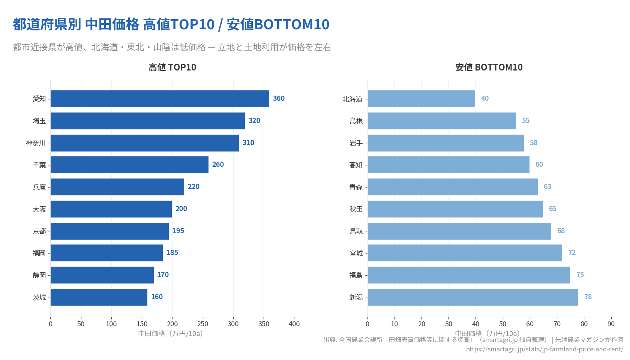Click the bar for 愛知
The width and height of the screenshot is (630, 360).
(160, 99)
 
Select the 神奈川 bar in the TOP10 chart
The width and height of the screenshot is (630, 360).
(145, 143)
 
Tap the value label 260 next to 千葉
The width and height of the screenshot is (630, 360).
(218, 165)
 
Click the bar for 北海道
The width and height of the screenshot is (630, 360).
(421, 99)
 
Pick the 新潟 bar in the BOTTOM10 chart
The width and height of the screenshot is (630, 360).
(472, 297)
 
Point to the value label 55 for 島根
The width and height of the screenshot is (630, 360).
(526, 121)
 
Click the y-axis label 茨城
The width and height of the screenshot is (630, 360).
(39, 297)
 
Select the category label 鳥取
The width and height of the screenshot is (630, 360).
(356, 231)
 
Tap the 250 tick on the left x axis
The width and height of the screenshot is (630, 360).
(203, 324)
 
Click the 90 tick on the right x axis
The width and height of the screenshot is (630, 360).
(611, 324)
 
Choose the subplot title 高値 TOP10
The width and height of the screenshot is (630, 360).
(172, 67)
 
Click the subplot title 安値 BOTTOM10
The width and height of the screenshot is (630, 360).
(489, 67)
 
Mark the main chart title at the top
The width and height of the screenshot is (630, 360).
(171, 25)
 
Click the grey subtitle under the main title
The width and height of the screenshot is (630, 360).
(172, 47)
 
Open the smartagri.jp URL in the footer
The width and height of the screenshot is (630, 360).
(544, 349)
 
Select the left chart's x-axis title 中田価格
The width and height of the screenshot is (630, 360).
(171, 333)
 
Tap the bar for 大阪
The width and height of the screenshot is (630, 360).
(111, 209)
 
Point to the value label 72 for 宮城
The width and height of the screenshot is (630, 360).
(571, 253)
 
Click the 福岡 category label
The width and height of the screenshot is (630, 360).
(39, 253)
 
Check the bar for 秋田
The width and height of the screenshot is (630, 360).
(455, 209)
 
